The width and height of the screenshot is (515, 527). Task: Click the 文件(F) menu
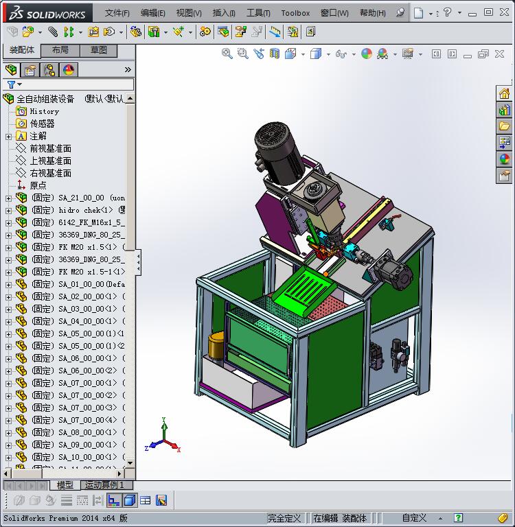point(117,12)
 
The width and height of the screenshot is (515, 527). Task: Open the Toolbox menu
point(295,12)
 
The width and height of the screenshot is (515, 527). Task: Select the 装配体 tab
point(21,50)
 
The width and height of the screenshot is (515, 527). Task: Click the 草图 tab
point(98,50)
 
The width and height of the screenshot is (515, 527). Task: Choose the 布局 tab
point(60,50)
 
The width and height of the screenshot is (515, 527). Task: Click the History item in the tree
point(44,111)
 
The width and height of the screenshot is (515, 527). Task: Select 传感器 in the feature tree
point(42,124)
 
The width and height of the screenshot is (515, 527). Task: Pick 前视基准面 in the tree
point(50,148)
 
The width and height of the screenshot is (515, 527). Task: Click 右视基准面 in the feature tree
point(50,173)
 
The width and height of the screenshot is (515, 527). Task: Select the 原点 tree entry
point(38,185)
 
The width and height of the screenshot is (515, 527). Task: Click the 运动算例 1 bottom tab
point(102,485)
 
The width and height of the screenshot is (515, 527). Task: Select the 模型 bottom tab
point(65,485)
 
